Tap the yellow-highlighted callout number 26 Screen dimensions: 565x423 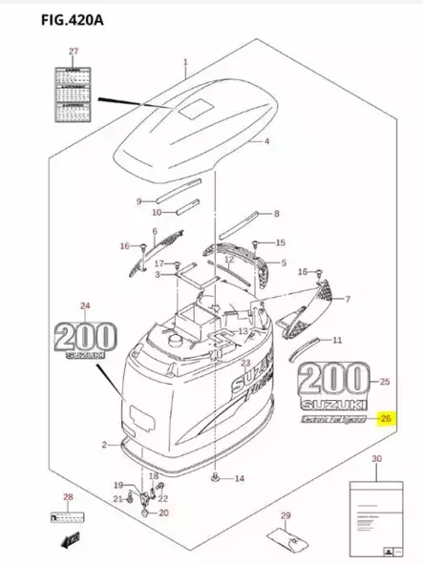click(386, 418)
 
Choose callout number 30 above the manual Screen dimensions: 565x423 click(375, 460)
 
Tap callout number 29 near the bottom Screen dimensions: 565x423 click(284, 518)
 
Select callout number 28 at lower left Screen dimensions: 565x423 click(68, 497)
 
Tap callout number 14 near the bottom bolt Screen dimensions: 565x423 click(239, 478)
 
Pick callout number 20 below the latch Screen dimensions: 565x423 click(163, 513)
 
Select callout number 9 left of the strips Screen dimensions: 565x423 click(138, 201)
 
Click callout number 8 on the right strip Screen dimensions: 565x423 click(276, 214)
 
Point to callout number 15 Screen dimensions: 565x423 click(280, 243)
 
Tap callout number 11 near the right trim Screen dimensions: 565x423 click(336, 340)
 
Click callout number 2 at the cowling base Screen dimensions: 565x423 click(104, 445)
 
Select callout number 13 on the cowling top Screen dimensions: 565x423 click(243, 331)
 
